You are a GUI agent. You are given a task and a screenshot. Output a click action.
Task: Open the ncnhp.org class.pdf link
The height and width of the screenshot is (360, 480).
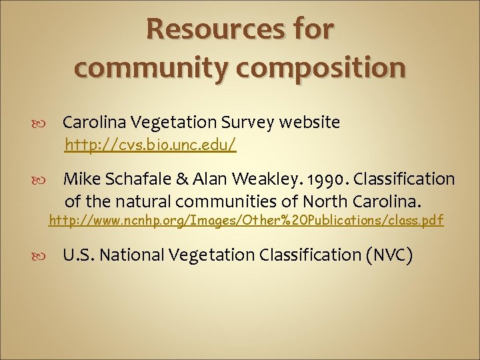(246, 220)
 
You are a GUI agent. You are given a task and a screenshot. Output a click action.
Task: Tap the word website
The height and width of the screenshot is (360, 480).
(310, 123)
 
